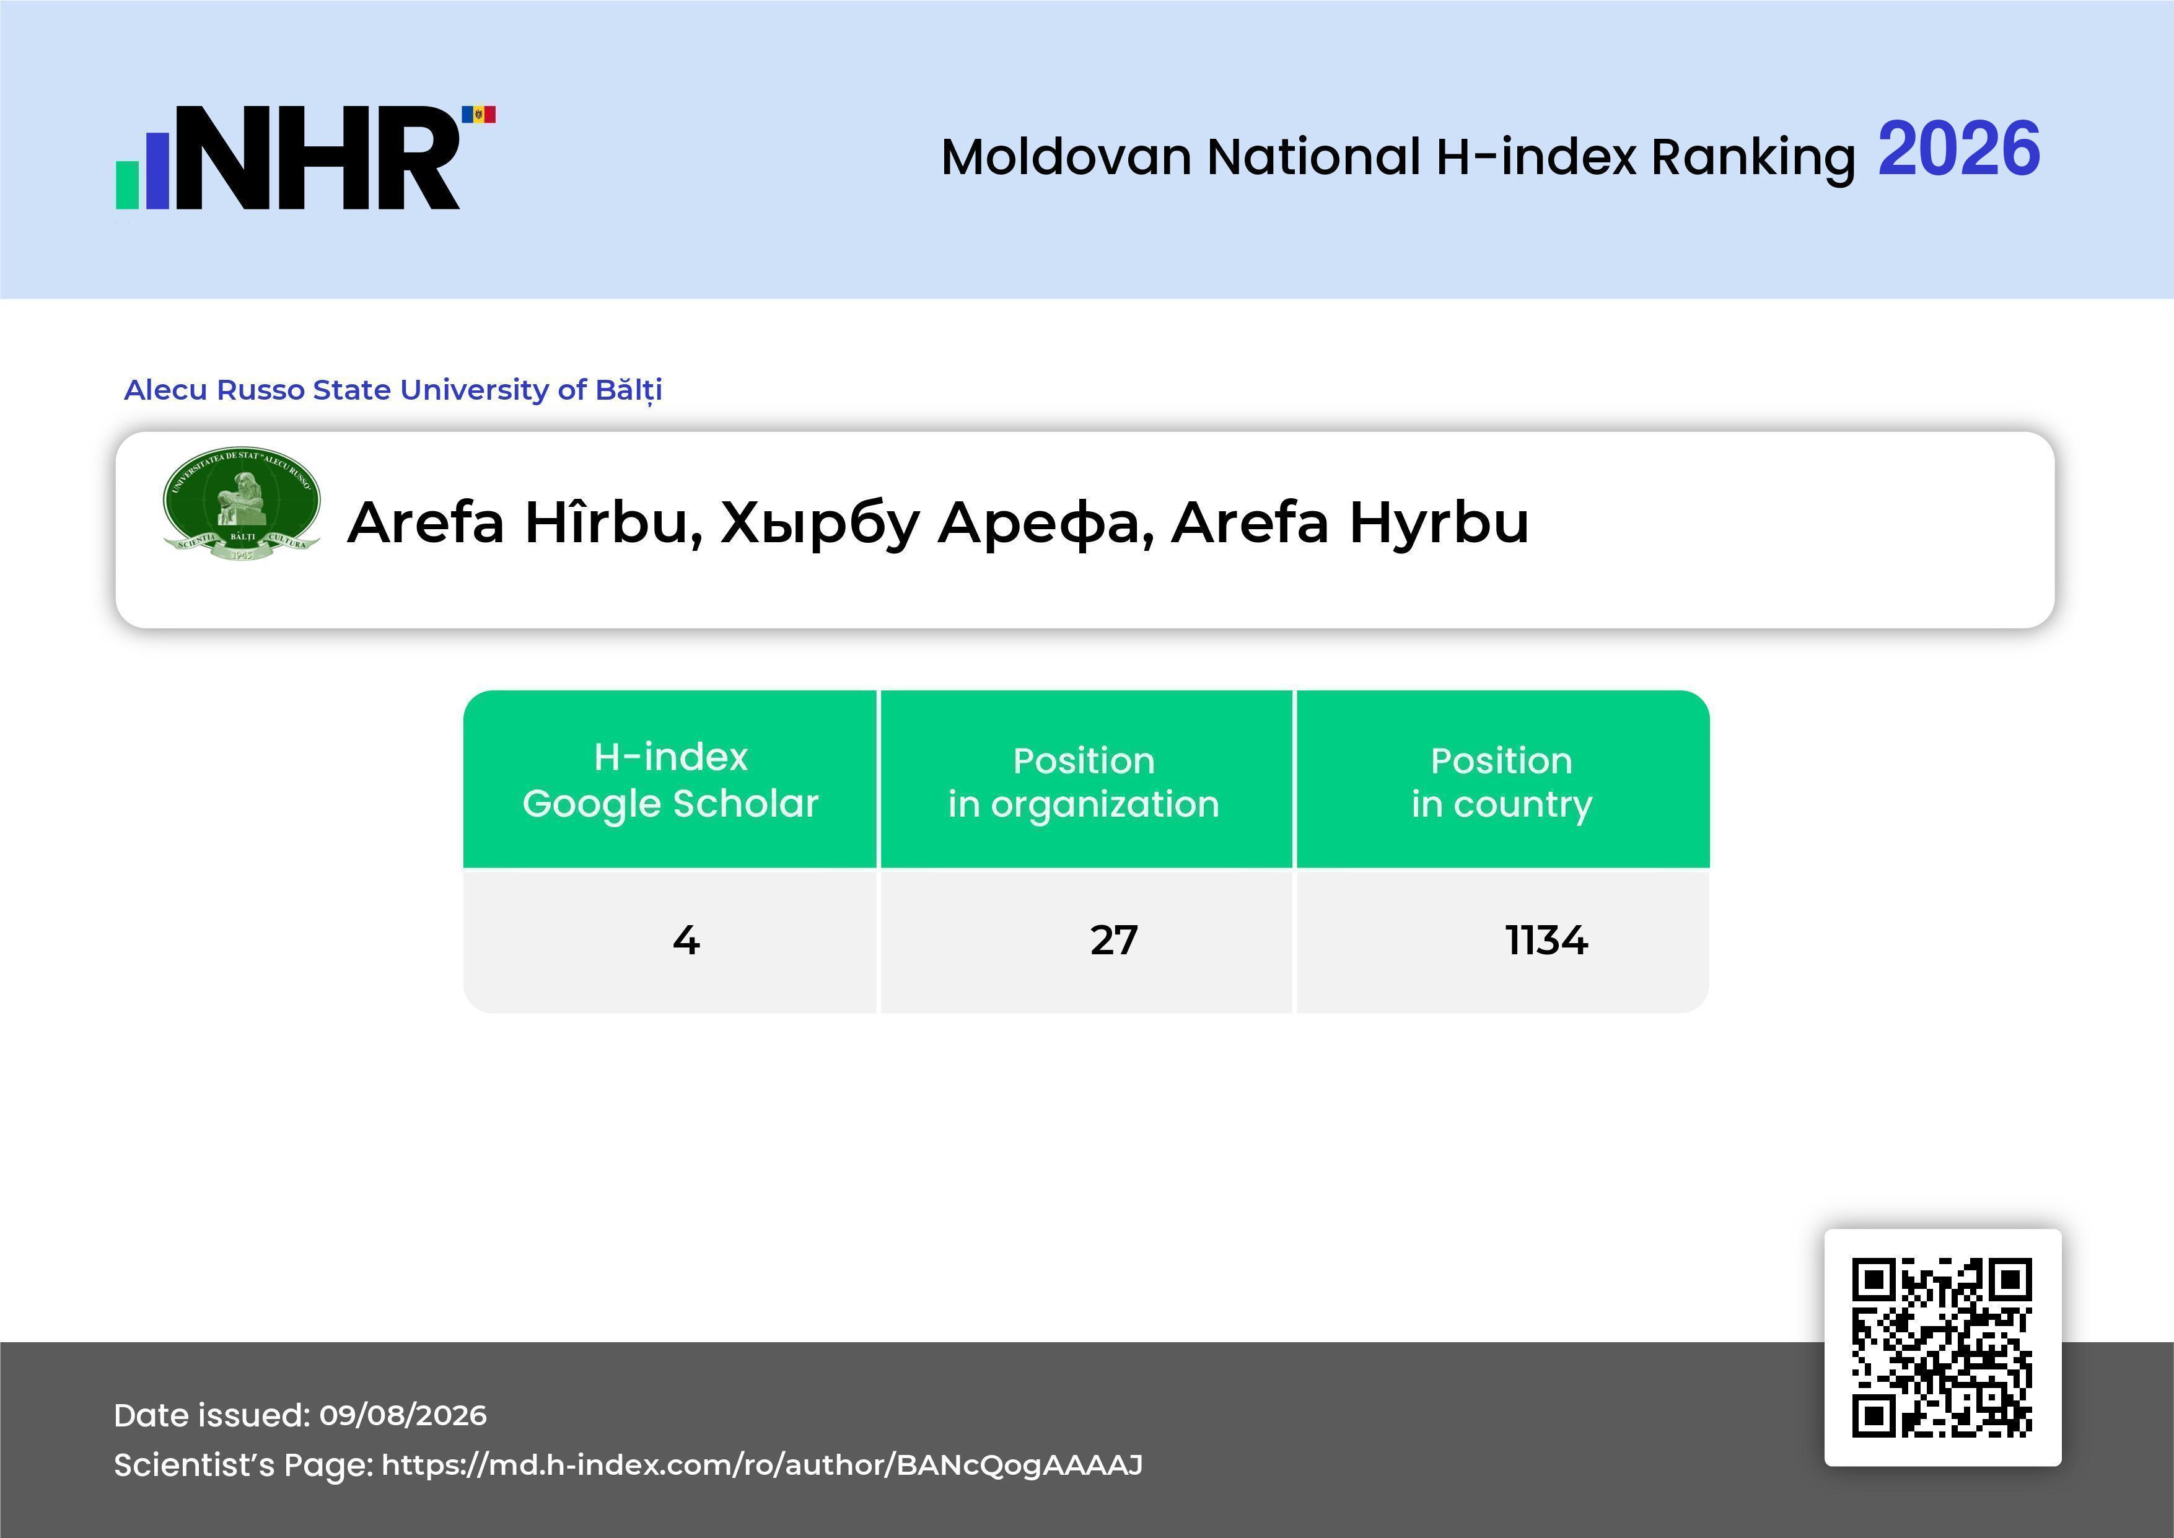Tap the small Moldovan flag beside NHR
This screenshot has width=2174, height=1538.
[478, 115]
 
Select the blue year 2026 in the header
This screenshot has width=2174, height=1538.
[1958, 149]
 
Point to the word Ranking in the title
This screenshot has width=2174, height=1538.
[1753, 158]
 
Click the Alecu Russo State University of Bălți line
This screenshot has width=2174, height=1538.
[393, 390]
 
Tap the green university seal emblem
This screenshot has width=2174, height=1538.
[242, 504]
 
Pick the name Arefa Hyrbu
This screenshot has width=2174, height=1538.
[1350, 523]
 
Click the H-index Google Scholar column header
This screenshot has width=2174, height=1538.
[670, 780]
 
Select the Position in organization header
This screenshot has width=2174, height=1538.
[1085, 781]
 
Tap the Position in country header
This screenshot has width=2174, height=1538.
[1502, 781]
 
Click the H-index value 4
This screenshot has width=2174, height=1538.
[686, 941]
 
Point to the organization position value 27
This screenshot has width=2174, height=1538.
[1113, 941]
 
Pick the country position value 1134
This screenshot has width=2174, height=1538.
[1546, 941]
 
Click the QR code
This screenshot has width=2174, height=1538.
[1942, 1348]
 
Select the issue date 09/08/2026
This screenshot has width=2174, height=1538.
[403, 1415]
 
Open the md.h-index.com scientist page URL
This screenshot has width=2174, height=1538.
[762, 1465]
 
